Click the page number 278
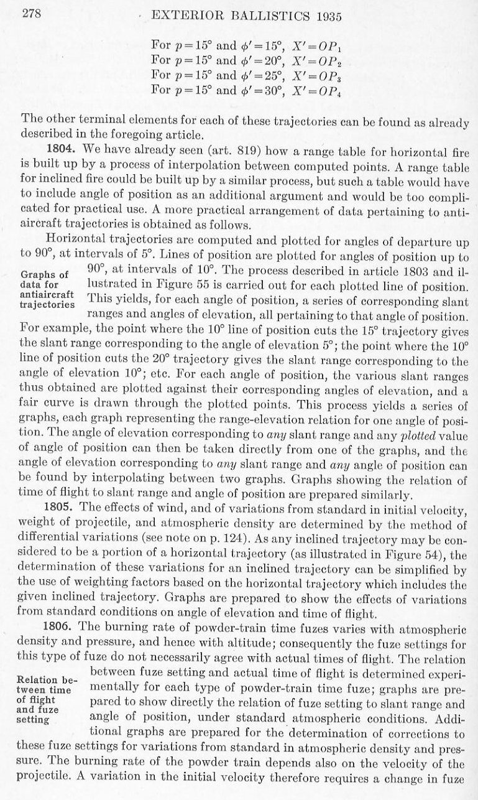31,16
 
